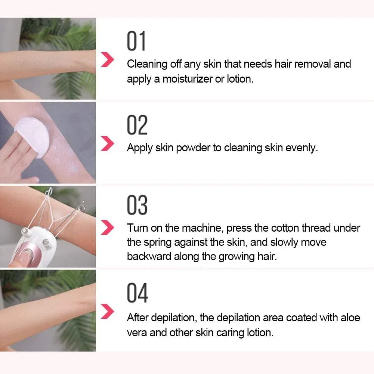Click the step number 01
(x=136, y=41)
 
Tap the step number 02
(x=137, y=125)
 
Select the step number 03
(x=137, y=205)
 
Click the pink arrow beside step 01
(x=108, y=60)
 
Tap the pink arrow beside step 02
(x=108, y=143)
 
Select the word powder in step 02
(x=193, y=148)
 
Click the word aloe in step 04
(x=350, y=318)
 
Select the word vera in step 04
(x=137, y=333)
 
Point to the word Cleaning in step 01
(x=147, y=64)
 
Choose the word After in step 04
(x=137, y=318)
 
